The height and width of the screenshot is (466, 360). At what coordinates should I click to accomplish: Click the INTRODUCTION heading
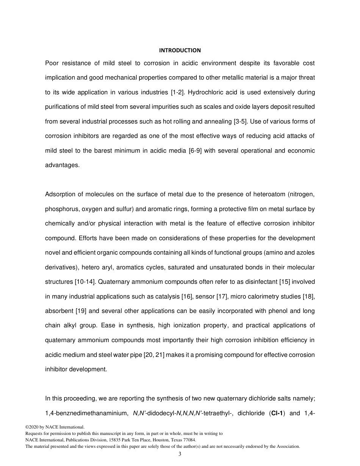tap(180, 50)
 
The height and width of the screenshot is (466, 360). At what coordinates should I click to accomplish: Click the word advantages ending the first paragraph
tap(62, 165)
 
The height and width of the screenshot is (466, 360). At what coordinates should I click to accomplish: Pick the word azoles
tap(306, 253)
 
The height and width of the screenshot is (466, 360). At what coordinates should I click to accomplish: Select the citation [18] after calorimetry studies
tap(308, 297)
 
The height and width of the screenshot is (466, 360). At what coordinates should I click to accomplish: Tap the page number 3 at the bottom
tap(180, 454)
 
